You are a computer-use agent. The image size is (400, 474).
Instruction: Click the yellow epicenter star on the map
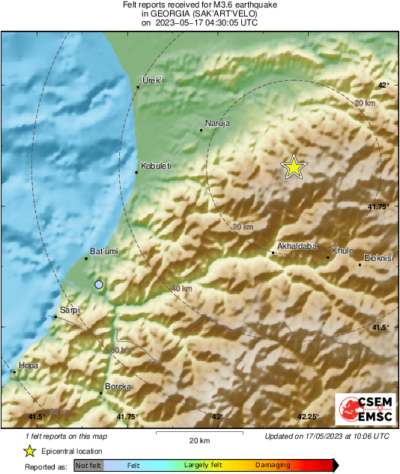[x=294, y=167]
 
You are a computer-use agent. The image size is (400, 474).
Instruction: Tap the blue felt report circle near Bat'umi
[x=99, y=284]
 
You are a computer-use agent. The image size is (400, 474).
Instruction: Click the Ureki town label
[x=153, y=80]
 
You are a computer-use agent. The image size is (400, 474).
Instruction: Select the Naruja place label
[x=217, y=123]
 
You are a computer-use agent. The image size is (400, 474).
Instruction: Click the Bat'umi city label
[x=103, y=251]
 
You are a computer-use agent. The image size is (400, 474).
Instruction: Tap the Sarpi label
[x=70, y=309]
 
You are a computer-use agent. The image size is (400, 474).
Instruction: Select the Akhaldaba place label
[x=297, y=245]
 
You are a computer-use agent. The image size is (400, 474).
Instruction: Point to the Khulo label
[x=342, y=250]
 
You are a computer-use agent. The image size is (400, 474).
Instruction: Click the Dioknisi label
[x=379, y=258]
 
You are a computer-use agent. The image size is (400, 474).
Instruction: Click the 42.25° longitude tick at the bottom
[x=308, y=416]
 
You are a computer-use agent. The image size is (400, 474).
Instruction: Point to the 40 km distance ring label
[x=182, y=289]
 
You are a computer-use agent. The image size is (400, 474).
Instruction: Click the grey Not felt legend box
[x=88, y=465]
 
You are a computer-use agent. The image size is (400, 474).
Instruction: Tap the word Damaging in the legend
[x=273, y=465]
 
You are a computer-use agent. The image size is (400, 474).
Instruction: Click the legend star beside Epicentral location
[x=29, y=451]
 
